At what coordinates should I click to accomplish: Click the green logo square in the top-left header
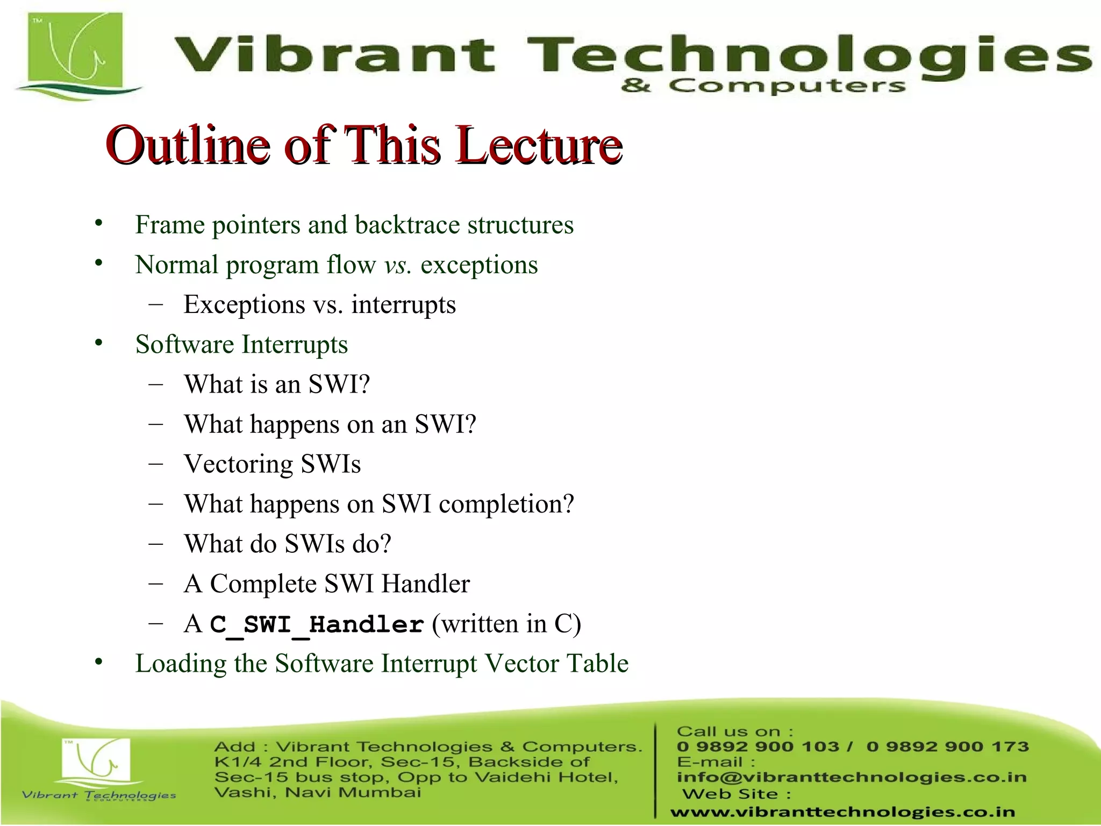(x=75, y=51)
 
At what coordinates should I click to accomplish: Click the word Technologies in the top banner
(x=806, y=56)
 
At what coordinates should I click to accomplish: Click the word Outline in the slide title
(x=188, y=145)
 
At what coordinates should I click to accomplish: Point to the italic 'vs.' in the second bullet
(x=398, y=265)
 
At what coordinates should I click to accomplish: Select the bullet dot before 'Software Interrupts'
(x=98, y=343)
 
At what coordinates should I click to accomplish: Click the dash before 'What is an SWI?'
(x=156, y=384)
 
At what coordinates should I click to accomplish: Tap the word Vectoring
(x=238, y=464)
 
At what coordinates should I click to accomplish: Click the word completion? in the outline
(x=506, y=504)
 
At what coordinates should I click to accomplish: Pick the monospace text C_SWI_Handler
(x=317, y=625)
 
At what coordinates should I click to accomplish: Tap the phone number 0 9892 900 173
(x=947, y=746)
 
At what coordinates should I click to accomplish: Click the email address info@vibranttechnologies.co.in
(x=852, y=777)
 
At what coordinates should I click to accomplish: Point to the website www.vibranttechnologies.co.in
(x=842, y=812)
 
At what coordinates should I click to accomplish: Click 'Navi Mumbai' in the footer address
(x=353, y=793)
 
